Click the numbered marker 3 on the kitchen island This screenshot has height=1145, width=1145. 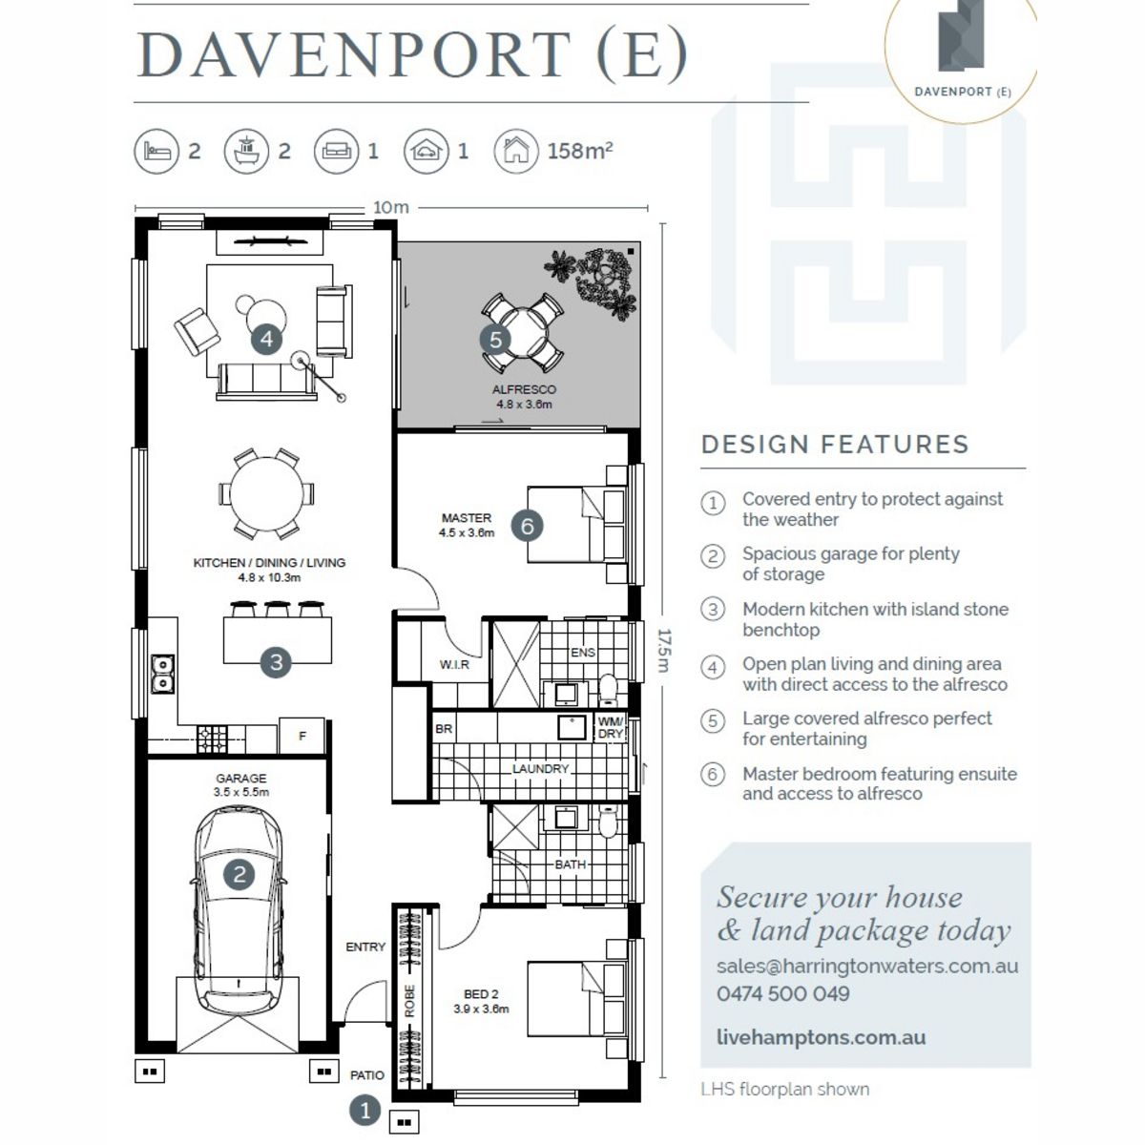(x=276, y=662)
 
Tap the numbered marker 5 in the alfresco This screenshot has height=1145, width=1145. (x=495, y=340)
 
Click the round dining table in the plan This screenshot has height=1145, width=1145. (x=266, y=493)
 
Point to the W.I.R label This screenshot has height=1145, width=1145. (x=454, y=664)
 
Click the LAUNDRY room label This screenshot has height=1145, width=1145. (x=541, y=768)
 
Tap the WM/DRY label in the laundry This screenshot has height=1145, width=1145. (x=611, y=728)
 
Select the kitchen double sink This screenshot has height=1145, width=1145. (x=162, y=674)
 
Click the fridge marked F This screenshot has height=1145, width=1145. (x=302, y=737)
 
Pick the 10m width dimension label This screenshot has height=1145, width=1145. (x=391, y=207)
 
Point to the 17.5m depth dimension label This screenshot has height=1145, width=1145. (x=664, y=650)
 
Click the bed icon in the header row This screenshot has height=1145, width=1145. (x=156, y=152)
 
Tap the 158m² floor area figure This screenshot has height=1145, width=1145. (x=580, y=151)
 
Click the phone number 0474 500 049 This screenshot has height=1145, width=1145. (x=783, y=993)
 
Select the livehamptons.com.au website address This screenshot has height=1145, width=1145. (x=822, y=1037)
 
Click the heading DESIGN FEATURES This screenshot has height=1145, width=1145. (x=836, y=445)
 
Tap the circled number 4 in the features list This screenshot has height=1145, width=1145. (x=713, y=667)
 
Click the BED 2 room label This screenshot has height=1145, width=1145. (x=481, y=994)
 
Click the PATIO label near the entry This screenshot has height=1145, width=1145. (x=367, y=1075)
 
